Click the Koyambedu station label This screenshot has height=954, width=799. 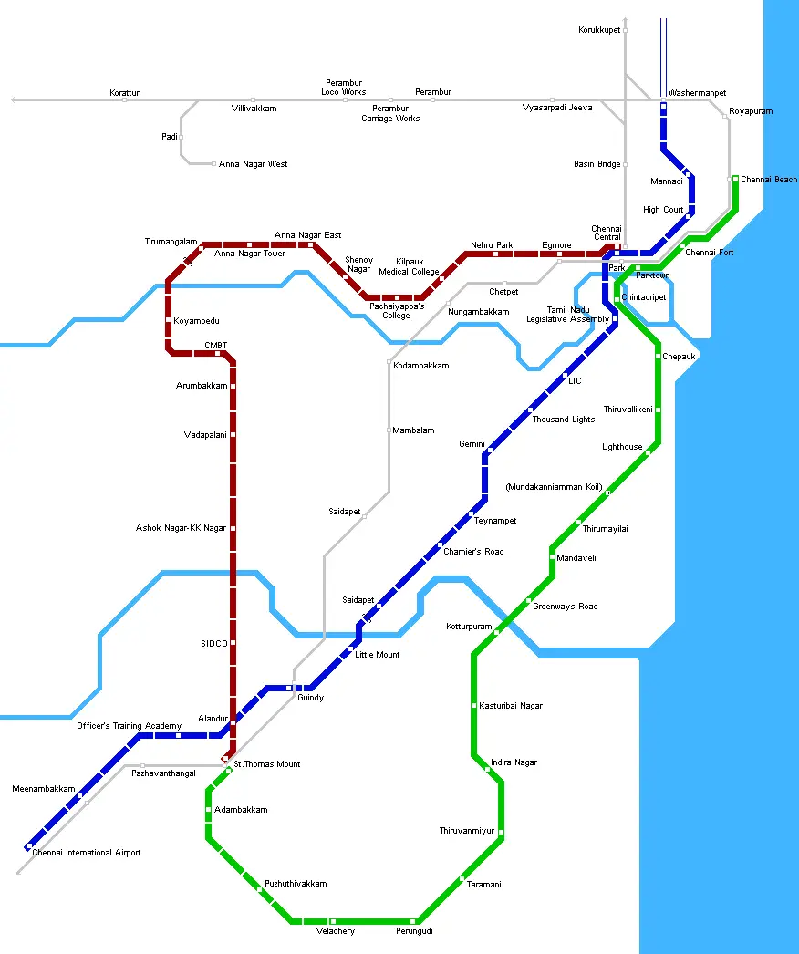196,321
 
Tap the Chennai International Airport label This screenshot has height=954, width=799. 87,853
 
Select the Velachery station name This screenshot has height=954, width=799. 335,931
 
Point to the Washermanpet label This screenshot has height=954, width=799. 697,93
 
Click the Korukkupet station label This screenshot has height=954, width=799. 599,30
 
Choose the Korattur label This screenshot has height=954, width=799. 125,93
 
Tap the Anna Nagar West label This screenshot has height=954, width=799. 253,164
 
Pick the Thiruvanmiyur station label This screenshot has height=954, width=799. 466,831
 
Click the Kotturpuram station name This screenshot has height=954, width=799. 469,627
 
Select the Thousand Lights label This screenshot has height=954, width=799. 564,420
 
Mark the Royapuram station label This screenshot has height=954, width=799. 751,111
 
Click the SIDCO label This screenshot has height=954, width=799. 214,643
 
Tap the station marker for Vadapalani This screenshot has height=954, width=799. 233,434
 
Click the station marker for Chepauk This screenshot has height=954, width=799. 658,356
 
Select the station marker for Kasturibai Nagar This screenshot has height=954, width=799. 474,705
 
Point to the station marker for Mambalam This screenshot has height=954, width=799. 389,430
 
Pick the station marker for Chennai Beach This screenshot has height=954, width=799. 735,179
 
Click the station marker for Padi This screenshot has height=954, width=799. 182,137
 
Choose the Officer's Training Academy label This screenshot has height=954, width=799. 129,726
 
